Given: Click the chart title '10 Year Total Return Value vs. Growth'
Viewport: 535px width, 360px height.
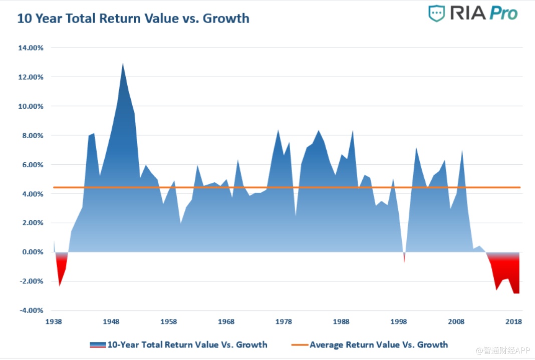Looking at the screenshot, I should pos(133,19).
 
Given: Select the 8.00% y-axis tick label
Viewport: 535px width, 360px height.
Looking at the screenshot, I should pos(32,136).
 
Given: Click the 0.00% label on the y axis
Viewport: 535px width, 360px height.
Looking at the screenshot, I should pos(32,252).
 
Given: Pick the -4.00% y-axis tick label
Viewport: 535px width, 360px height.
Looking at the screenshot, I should pos(31,310).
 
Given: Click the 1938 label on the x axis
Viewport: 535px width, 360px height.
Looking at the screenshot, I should pos(54,321).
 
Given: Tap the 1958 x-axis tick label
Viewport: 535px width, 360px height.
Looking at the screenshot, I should pos(169,321).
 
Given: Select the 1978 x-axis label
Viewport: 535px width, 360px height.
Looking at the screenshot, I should pos(284,321).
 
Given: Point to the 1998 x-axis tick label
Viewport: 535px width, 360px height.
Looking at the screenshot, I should pos(399,321).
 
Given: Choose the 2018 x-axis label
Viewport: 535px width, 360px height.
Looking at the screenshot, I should pos(513,321).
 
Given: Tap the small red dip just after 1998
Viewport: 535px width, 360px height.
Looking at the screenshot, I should pos(404,259).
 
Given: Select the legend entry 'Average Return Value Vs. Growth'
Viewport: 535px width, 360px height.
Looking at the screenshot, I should pos(378,344).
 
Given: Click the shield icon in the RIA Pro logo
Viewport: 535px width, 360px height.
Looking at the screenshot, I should pos(436,14).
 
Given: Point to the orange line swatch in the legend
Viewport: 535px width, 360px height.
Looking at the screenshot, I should pos(299,344).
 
